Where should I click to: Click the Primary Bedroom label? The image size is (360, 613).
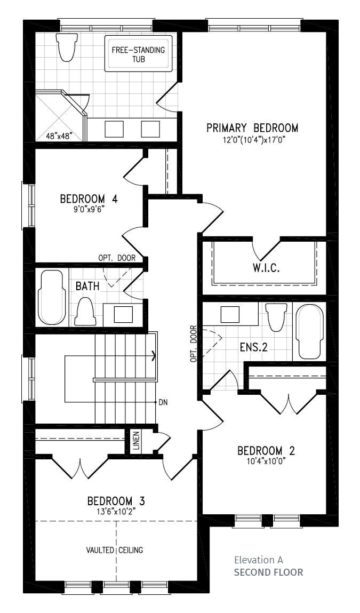tap(252, 128)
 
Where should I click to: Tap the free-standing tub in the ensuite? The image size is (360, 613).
tap(138, 54)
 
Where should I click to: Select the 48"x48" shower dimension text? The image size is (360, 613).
tap(59, 137)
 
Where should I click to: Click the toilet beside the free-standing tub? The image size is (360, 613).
tap(65, 46)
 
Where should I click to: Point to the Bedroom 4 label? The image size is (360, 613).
tap(89, 198)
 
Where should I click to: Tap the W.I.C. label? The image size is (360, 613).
tap(266, 268)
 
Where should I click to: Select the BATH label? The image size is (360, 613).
tap(87, 286)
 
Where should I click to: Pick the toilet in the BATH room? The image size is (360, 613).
tap(84, 312)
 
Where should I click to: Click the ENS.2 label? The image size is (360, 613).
tap(254, 347)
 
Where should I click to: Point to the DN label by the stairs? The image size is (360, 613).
tap(163, 402)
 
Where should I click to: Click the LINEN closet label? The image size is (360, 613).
tap(135, 441)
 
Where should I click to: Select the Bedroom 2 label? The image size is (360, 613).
tap(266, 451)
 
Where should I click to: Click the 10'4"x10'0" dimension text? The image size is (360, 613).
tap(266, 461)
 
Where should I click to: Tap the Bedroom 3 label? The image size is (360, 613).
tap(116, 501)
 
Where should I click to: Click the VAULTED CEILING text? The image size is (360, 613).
tap(115, 550)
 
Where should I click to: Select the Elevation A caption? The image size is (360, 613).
tap(258, 560)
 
